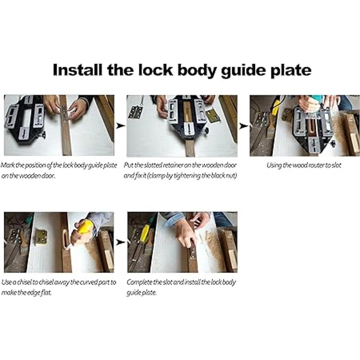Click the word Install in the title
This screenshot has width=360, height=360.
[77, 70]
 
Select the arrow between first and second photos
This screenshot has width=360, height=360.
[120, 126]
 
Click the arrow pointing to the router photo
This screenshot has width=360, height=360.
[244, 126]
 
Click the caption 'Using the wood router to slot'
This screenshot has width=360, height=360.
[304, 166]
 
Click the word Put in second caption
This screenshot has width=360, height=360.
[128, 165]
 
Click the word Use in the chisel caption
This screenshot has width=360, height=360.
[6, 282]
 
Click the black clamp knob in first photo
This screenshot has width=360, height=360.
[43, 134]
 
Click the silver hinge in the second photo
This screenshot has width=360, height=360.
[135, 112]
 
